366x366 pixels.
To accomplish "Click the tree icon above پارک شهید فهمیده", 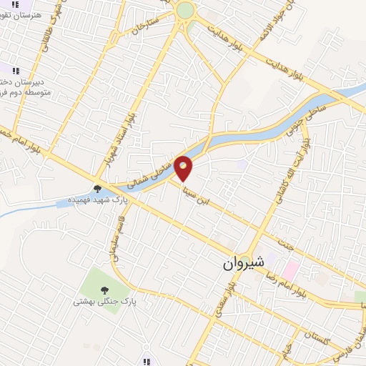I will [97, 189].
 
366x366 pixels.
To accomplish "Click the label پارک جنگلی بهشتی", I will [100, 302].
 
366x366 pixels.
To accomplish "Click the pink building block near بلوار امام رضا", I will [290, 271].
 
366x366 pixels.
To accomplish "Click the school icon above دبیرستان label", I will [16, 69].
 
